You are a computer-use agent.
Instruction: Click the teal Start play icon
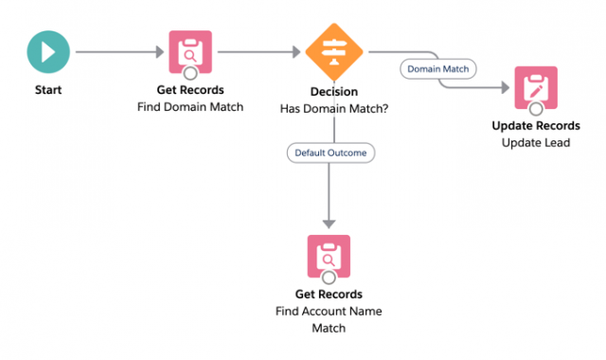point(46,52)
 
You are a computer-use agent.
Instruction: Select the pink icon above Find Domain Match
point(189,52)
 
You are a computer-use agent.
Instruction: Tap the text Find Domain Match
point(189,108)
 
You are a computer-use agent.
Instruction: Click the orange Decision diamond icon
point(334,52)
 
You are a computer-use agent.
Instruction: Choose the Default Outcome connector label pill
point(330,152)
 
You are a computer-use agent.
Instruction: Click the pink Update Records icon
point(536,88)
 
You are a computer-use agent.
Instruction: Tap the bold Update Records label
point(536,127)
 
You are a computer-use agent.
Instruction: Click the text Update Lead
point(536,142)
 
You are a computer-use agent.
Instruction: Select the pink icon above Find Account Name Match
point(329,256)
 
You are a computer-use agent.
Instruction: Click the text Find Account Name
point(329,312)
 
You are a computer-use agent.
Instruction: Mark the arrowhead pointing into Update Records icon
point(505,88)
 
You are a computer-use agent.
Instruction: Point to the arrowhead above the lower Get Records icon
point(329,223)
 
